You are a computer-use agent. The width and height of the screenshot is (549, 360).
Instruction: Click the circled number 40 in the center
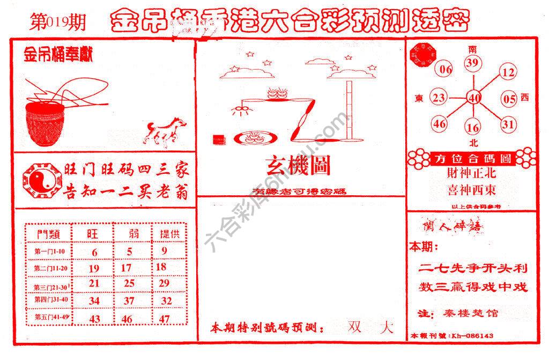pos(474,98)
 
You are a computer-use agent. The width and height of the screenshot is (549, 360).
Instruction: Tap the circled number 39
pos(472,64)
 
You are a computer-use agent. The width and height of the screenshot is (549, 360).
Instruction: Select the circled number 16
pos(473,128)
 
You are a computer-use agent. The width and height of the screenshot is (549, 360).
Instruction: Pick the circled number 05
pos(509,98)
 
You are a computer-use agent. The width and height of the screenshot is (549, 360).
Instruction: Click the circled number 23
pos(439,98)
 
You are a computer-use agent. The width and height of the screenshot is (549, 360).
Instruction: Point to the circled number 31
pos(508,124)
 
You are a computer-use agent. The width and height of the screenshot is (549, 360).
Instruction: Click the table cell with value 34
pos(94,301)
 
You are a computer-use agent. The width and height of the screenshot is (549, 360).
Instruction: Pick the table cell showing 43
pos(94,318)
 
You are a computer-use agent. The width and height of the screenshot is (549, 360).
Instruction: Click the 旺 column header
pos(93,234)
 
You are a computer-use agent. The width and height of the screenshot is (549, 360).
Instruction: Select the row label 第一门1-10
pos(49,252)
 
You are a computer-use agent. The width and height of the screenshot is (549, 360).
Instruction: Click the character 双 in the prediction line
pos(354,327)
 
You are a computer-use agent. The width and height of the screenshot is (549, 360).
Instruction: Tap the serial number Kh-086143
pos(472,336)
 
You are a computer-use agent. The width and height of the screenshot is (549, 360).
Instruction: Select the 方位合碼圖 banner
pos(472,159)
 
